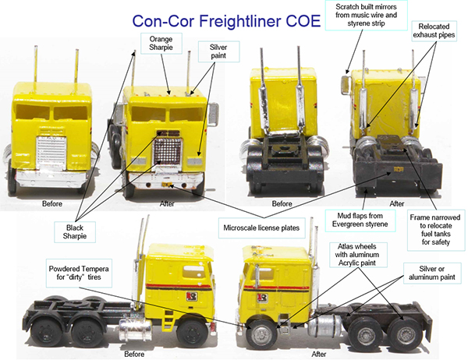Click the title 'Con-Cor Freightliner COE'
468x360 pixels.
(226, 21)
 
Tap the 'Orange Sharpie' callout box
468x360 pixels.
(161, 44)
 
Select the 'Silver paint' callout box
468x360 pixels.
(218, 51)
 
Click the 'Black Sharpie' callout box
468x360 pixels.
(75, 232)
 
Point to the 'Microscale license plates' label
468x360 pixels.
(261, 228)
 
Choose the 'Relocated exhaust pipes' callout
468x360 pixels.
(434, 30)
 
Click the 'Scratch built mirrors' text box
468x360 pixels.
(367, 16)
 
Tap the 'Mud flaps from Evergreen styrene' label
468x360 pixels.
(360, 220)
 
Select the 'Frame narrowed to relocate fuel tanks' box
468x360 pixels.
(435, 230)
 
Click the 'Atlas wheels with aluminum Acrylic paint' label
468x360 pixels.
(357, 255)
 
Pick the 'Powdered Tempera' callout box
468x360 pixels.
(79, 273)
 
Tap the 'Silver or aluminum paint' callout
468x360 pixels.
(432, 273)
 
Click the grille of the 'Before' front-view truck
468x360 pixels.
(51, 153)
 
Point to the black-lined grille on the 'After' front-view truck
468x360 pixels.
(168, 151)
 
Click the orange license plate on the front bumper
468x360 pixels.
(167, 185)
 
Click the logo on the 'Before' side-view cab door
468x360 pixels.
(192, 297)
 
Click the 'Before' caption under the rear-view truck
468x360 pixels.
(282, 203)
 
